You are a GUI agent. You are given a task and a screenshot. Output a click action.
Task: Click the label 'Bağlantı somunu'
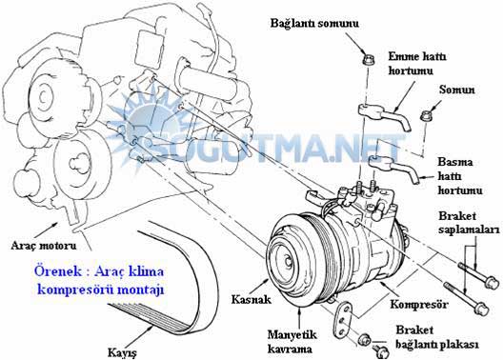pos(314,23)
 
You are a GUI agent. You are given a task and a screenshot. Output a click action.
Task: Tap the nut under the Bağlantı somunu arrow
pos(369,59)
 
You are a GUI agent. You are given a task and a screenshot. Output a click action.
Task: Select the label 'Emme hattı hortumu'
pos(417,63)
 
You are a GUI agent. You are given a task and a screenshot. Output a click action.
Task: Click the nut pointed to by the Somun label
pos(426,115)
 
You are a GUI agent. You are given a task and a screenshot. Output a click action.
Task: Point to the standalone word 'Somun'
pos(456,90)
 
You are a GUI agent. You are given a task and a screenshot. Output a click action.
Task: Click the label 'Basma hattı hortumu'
pos(459,176)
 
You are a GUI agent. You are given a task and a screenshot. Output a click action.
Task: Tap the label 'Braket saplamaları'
pos(469,223)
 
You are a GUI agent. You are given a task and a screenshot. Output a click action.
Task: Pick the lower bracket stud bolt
pos(467,299)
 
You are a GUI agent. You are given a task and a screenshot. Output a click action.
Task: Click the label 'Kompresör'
pos(418,304)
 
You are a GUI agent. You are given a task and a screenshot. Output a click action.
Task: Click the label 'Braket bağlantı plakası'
pos(436,336)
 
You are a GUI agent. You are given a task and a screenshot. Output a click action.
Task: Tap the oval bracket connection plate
pos(343,320)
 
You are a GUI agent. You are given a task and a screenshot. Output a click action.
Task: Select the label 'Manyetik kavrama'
pos(292,342)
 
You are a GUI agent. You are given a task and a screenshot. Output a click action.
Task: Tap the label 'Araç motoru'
pos(44,246)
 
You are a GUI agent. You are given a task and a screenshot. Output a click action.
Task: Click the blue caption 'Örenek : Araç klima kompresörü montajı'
pos(100,280)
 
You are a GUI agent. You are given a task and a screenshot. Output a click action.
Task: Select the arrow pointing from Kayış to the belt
pos(140,335)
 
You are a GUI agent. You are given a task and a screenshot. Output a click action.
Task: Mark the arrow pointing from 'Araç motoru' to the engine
pos(48,229)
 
